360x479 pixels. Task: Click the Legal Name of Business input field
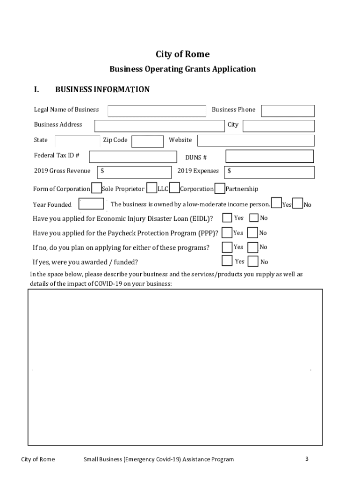point(157,110)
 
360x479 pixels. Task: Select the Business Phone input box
point(288,110)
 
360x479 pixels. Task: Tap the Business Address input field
point(159,126)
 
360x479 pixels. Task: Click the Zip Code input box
point(147,141)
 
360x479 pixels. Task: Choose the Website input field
point(255,140)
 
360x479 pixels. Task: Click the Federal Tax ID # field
point(133,156)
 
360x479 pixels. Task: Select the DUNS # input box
point(269,156)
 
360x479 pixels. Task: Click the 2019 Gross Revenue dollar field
point(134,172)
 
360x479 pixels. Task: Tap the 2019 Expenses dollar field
point(269,172)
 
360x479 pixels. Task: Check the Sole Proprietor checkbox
point(96,188)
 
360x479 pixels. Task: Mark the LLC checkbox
point(151,188)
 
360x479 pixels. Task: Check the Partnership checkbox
point(219,188)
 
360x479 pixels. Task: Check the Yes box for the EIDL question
point(227,218)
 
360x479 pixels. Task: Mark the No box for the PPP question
point(252,232)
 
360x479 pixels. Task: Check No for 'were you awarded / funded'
point(253,261)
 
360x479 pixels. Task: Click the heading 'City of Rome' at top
point(182,54)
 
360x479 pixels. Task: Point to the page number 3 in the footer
point(307,459)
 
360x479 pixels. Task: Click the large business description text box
point(175,367)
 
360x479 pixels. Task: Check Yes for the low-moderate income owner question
point(276,203)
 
